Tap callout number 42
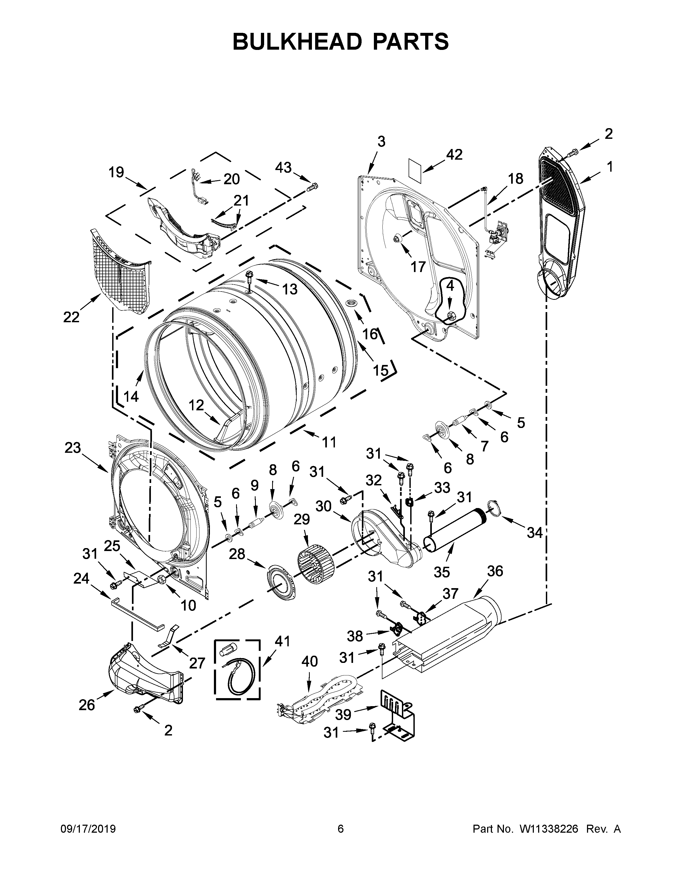pyautogui.click(x=454, y=155)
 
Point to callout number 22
pyautogui.click(x=71, y=317)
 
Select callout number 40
pyautogui.click(x=310, y=662)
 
